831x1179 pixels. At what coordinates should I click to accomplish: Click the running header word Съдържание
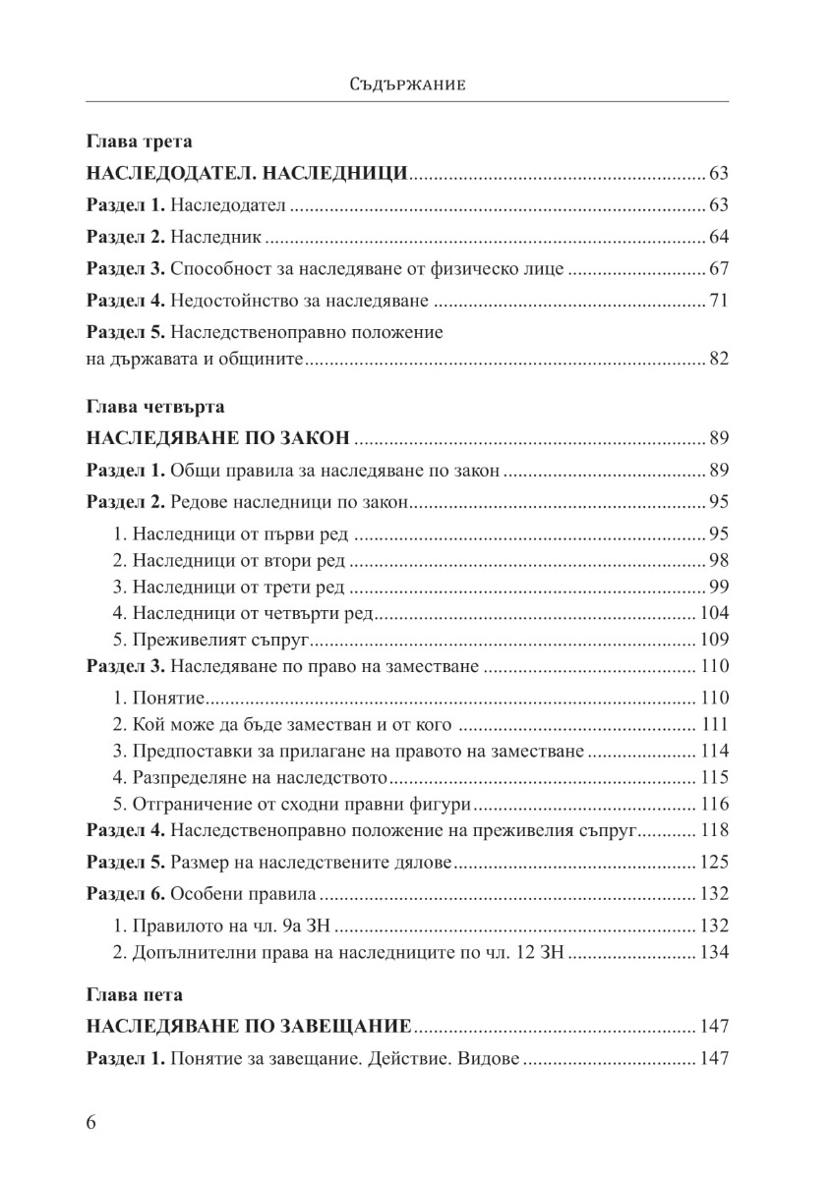[407, 84]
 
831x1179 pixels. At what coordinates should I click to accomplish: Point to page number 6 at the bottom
[92, 1124]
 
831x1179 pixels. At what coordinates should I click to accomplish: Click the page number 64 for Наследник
[717, 238]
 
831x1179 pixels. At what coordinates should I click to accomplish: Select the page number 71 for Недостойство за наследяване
[717, 301]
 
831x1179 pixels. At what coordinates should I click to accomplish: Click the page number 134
[713, 952]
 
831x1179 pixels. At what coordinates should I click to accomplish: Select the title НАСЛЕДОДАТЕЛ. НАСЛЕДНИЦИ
[246, 175]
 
